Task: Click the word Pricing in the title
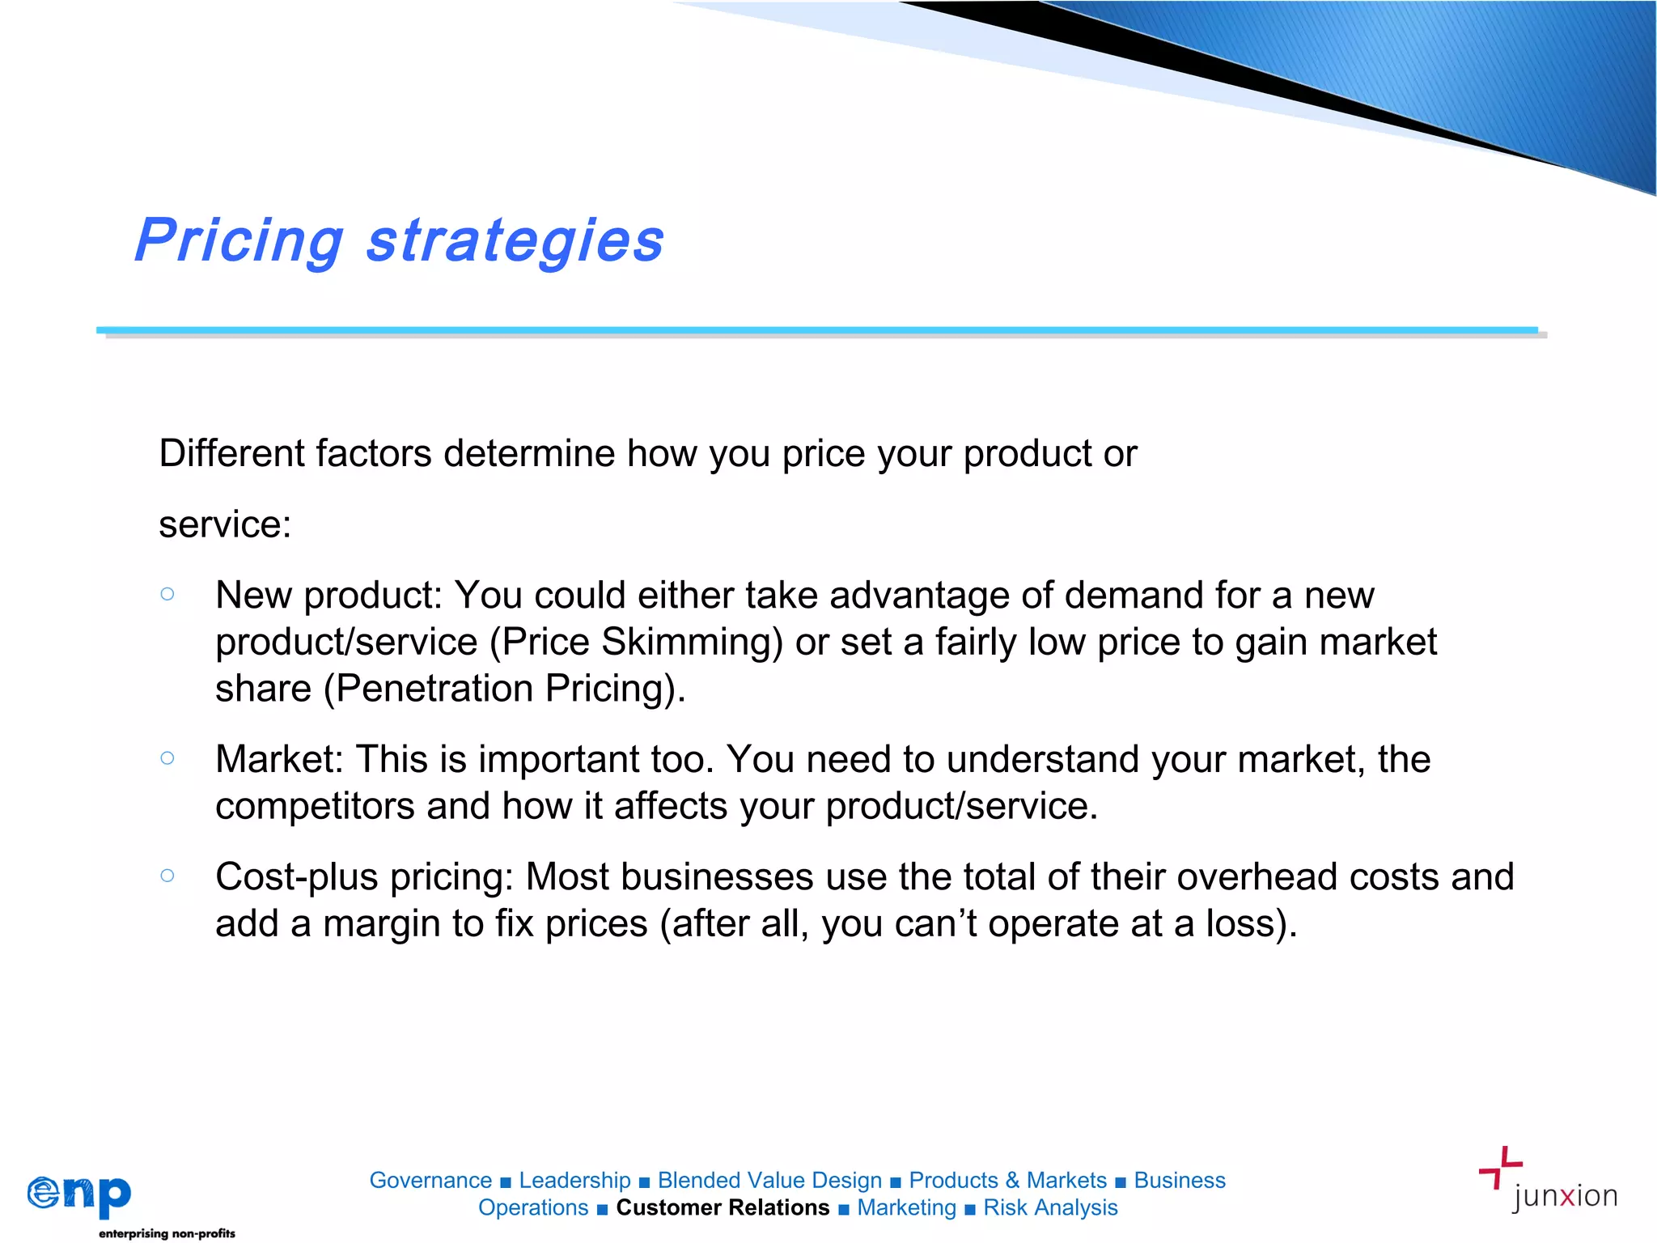[x=239, y=241]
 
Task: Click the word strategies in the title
[x=515, y=241]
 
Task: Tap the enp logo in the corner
[x=79, y=1194]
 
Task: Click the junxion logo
[x=1547, y=1181]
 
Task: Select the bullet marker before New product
[x=167, y=594]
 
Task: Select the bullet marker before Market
[x=167, y=758]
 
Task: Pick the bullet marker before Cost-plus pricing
[x=167, y=876]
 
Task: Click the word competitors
[x=315, y=806]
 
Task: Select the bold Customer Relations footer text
[x=723, y=1207]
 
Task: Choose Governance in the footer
[x=430, y=1181]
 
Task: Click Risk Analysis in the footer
[x=1050, y=1207]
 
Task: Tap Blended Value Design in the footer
[x=769, y=1181]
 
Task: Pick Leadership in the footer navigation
[x=574, y=1181]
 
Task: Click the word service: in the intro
[x=225, y=524]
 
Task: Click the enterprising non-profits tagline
[x=167, y=1233]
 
